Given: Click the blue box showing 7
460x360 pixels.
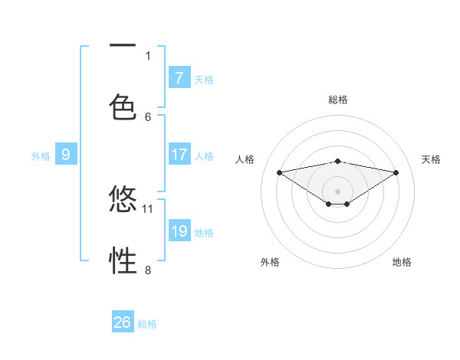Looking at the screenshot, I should (179, 77).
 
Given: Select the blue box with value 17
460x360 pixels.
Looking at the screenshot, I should (179, 155).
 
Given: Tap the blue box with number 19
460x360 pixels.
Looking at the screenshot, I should (179, 231).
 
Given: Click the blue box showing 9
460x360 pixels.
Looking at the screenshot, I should (66, 155).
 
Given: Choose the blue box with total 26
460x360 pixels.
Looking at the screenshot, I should (123, 322).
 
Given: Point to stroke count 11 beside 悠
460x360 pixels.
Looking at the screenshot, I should (148, 208).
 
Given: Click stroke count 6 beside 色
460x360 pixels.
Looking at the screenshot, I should (148, 116).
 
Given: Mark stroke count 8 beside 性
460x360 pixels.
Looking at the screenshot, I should (148, 270).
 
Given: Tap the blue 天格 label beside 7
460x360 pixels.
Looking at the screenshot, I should (204, 79).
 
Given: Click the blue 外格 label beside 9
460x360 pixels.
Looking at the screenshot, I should (41, 155).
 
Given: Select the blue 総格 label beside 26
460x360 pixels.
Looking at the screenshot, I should (147, 324).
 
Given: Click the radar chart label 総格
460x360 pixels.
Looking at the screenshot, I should (337, 100).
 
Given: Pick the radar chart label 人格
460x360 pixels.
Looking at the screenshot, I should (245, 159).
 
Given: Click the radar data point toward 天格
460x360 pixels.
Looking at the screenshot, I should (396, 172).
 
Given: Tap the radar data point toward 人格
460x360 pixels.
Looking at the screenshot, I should (280, 172).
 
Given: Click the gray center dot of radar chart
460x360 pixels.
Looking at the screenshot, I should (337, 191).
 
